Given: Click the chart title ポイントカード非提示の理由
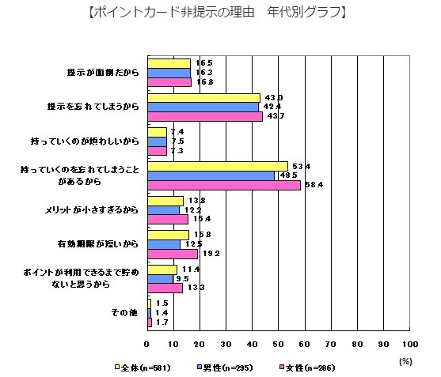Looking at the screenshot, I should click(220, 12).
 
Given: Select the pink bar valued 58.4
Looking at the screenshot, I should click(224, 185).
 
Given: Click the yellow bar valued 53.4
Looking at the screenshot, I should click(217, 166).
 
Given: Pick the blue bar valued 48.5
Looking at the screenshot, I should click(211, 175).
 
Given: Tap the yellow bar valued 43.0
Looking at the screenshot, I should click(203, 97).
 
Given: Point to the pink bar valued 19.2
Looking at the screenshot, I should click(172, 254).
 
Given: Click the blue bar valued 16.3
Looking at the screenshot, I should click(169, 72).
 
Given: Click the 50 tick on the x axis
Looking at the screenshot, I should click(279, 345).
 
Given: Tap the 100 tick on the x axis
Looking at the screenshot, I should click(410, 345).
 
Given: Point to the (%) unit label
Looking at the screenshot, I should click(405, 360).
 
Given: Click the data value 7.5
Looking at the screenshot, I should click(179, 141).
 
